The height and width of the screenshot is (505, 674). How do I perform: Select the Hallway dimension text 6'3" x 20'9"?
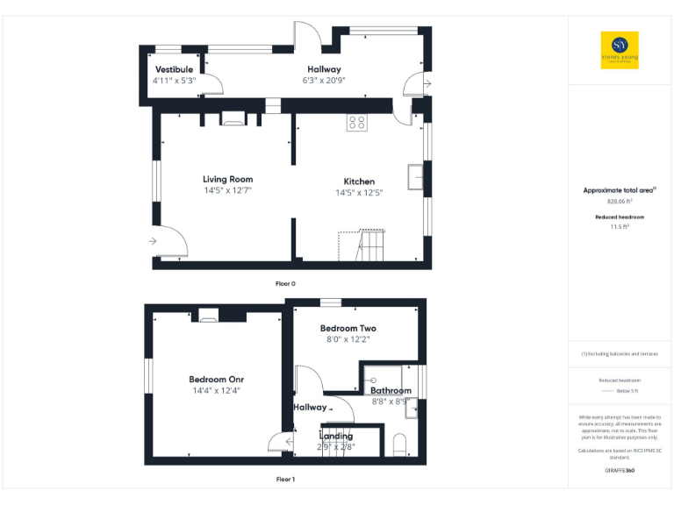[x=324, y=80]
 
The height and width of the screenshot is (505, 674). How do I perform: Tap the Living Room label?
[x=228, y=180]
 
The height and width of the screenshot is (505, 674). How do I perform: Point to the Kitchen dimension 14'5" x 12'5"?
[x=359, y=193]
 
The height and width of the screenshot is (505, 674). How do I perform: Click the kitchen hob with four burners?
[x=356, y=123]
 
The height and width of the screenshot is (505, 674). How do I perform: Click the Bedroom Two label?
[x=348, y=329]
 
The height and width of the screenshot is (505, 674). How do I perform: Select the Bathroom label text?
[x=391, y=390]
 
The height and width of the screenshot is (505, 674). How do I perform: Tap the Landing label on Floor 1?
[x=336, y=436]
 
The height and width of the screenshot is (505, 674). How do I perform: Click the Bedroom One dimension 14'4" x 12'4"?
[x=215, y=391]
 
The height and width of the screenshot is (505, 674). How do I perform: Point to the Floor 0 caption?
[x=286, y=284]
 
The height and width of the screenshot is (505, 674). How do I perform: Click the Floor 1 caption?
[x=286, y=480]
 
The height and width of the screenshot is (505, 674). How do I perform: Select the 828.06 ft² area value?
[x=620, y=200]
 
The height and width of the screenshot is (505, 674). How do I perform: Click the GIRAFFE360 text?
[x=620, y=471]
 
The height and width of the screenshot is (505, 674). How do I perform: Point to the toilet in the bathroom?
[x=398, y=444]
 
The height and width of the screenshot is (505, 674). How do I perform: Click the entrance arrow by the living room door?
[x=153, y=241]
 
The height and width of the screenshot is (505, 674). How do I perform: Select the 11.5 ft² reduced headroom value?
[x=620, y=226]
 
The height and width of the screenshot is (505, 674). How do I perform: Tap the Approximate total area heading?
[x=619, y=190]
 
